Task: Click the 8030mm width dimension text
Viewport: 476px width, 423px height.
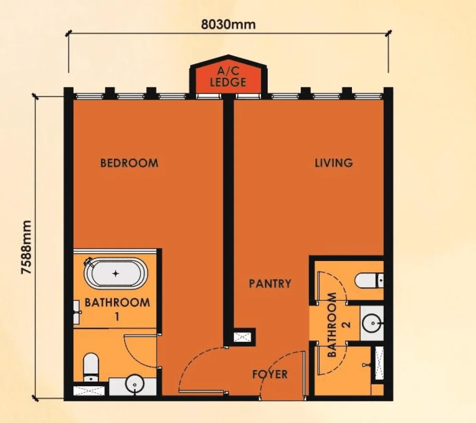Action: (228, 25)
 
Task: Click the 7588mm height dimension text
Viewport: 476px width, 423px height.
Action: (27, 247)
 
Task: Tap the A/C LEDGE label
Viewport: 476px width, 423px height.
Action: (228, 77)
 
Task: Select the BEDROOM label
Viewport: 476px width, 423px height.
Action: (129, 163)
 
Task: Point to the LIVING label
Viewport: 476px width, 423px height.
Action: (334, 163)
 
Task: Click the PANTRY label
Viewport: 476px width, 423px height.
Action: (270, 283)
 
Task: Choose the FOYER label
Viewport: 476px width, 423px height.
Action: (270, 374)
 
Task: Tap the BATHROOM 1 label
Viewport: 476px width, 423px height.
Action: (117, 308)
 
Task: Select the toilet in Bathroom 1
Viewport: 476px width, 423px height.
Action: (91, 366)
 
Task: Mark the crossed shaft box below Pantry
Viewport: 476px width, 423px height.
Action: (244, 337)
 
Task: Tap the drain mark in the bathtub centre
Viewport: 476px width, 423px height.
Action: (116, 274)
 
